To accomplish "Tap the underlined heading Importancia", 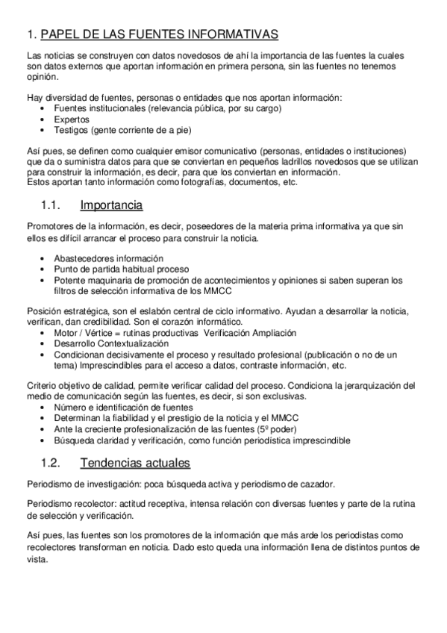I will [x=111, y=205].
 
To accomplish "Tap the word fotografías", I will [x=196, y=181].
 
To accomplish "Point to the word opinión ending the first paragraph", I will [x=43, y=76].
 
